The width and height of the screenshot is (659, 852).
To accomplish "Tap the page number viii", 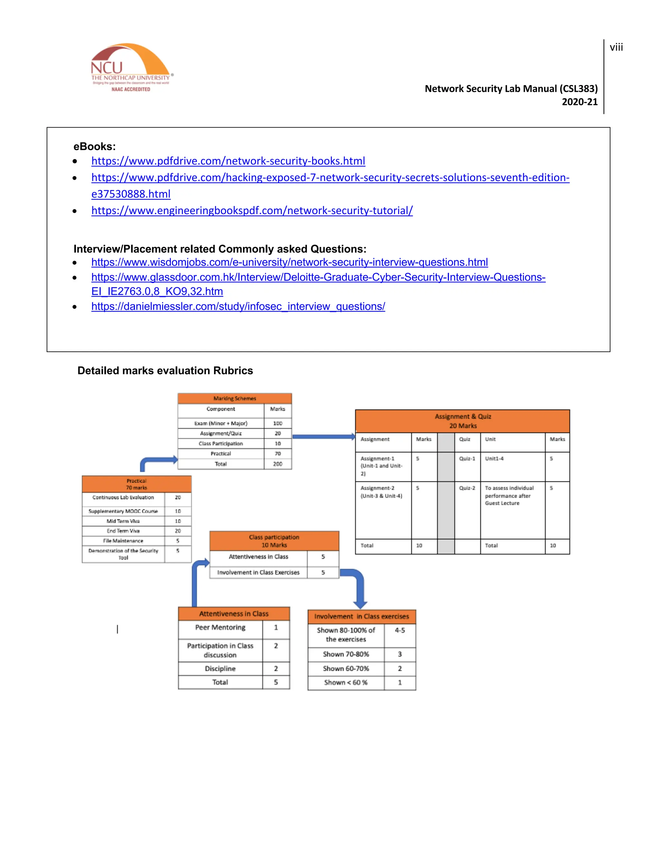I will pos(616,48).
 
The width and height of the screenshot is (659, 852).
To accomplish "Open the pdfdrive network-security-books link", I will pos(228,161).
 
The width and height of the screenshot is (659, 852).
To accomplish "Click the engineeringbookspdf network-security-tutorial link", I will pos(252,211).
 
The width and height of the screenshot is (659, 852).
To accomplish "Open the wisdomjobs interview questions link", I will pos(289,262).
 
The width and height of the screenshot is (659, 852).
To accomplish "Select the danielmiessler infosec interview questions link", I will pos(238,307).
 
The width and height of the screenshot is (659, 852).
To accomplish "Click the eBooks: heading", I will pos(95,147).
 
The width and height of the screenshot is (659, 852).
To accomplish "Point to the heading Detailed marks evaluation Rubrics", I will pos(165,371).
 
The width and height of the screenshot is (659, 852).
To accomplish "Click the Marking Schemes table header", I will pos(235,398).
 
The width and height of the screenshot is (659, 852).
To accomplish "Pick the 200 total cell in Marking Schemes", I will pos(278,464).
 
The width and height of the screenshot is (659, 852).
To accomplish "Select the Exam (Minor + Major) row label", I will pos(220,423).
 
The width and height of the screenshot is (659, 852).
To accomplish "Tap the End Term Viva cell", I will pos(123,531).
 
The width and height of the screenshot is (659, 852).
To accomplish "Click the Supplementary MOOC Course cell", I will pos(123,511).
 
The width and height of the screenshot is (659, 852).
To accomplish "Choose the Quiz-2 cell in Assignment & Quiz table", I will pos(467,488).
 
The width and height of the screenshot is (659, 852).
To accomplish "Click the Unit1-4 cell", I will pos(494,459).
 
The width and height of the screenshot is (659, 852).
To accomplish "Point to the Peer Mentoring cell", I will pos(220,628).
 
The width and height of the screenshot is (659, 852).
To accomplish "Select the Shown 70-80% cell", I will pos(346,654).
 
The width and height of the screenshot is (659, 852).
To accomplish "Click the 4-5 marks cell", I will pos(400,630).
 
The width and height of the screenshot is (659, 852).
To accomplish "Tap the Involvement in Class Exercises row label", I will pos(258,573).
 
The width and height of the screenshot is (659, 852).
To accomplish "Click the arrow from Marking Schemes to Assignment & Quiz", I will pos(323,437).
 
